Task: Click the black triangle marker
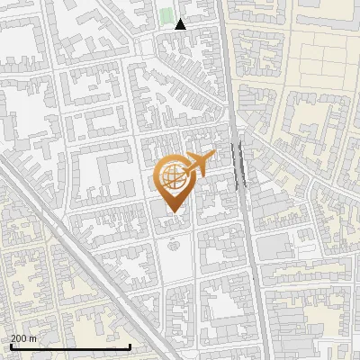[181, 24]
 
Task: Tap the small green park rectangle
[166, 15]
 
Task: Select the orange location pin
[173, 180]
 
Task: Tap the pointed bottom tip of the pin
[173, 212]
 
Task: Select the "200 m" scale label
[23, 338]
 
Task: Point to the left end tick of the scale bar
[11, 346]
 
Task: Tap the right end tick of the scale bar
[130, 346]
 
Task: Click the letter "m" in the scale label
[32, 338]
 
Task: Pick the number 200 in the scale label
[18, 338]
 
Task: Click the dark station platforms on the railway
[240, 165]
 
